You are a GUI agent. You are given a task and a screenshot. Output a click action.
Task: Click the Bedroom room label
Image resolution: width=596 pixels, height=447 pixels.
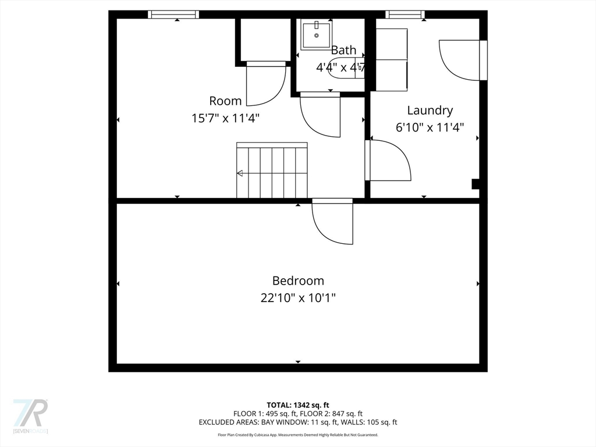click(x=298, y=281)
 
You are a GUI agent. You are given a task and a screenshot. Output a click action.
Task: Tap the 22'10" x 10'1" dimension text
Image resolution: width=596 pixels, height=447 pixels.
click(x=298, y=298)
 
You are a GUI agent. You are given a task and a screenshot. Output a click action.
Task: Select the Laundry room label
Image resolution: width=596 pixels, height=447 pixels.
click(x=430, y=110)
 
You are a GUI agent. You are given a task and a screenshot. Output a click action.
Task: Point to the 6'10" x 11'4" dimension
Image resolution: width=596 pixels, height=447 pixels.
click(x=430, y=127)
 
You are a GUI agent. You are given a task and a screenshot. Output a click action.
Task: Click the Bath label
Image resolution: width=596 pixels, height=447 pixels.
click(x=343, y=51)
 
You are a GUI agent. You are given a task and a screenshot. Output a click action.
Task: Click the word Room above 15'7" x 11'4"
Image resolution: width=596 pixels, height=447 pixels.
click(x=225, y=101)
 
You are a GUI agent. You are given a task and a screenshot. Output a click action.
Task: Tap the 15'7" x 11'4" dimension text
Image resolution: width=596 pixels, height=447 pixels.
click(x=225, y=118)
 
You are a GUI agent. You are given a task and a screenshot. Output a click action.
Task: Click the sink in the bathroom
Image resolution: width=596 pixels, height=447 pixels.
click(x=317, y=35)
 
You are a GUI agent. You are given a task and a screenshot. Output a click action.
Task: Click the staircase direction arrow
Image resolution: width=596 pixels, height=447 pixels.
click(x=240, y=173)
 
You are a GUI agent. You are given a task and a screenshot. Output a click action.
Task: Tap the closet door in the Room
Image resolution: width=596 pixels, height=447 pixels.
click(x=266, y=84)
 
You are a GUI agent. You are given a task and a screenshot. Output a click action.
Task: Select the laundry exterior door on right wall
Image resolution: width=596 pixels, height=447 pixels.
click(x=462, y=59)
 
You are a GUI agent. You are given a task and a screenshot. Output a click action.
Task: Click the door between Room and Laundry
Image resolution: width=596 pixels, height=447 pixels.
click(x=389, y=161)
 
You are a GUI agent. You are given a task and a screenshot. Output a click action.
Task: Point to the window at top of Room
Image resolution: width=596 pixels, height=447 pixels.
click(x=173, y=15)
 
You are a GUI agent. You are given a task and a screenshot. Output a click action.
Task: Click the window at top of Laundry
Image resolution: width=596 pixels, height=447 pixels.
click(x=405, y=15)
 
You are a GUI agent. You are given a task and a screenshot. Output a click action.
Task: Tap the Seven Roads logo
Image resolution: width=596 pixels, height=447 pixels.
click(x=30, y=416)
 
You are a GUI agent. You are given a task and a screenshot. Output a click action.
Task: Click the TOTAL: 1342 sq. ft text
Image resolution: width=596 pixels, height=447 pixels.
click(x=298, y=405)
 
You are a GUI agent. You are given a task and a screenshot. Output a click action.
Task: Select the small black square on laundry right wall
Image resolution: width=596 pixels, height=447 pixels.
click(x=475, y=185)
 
